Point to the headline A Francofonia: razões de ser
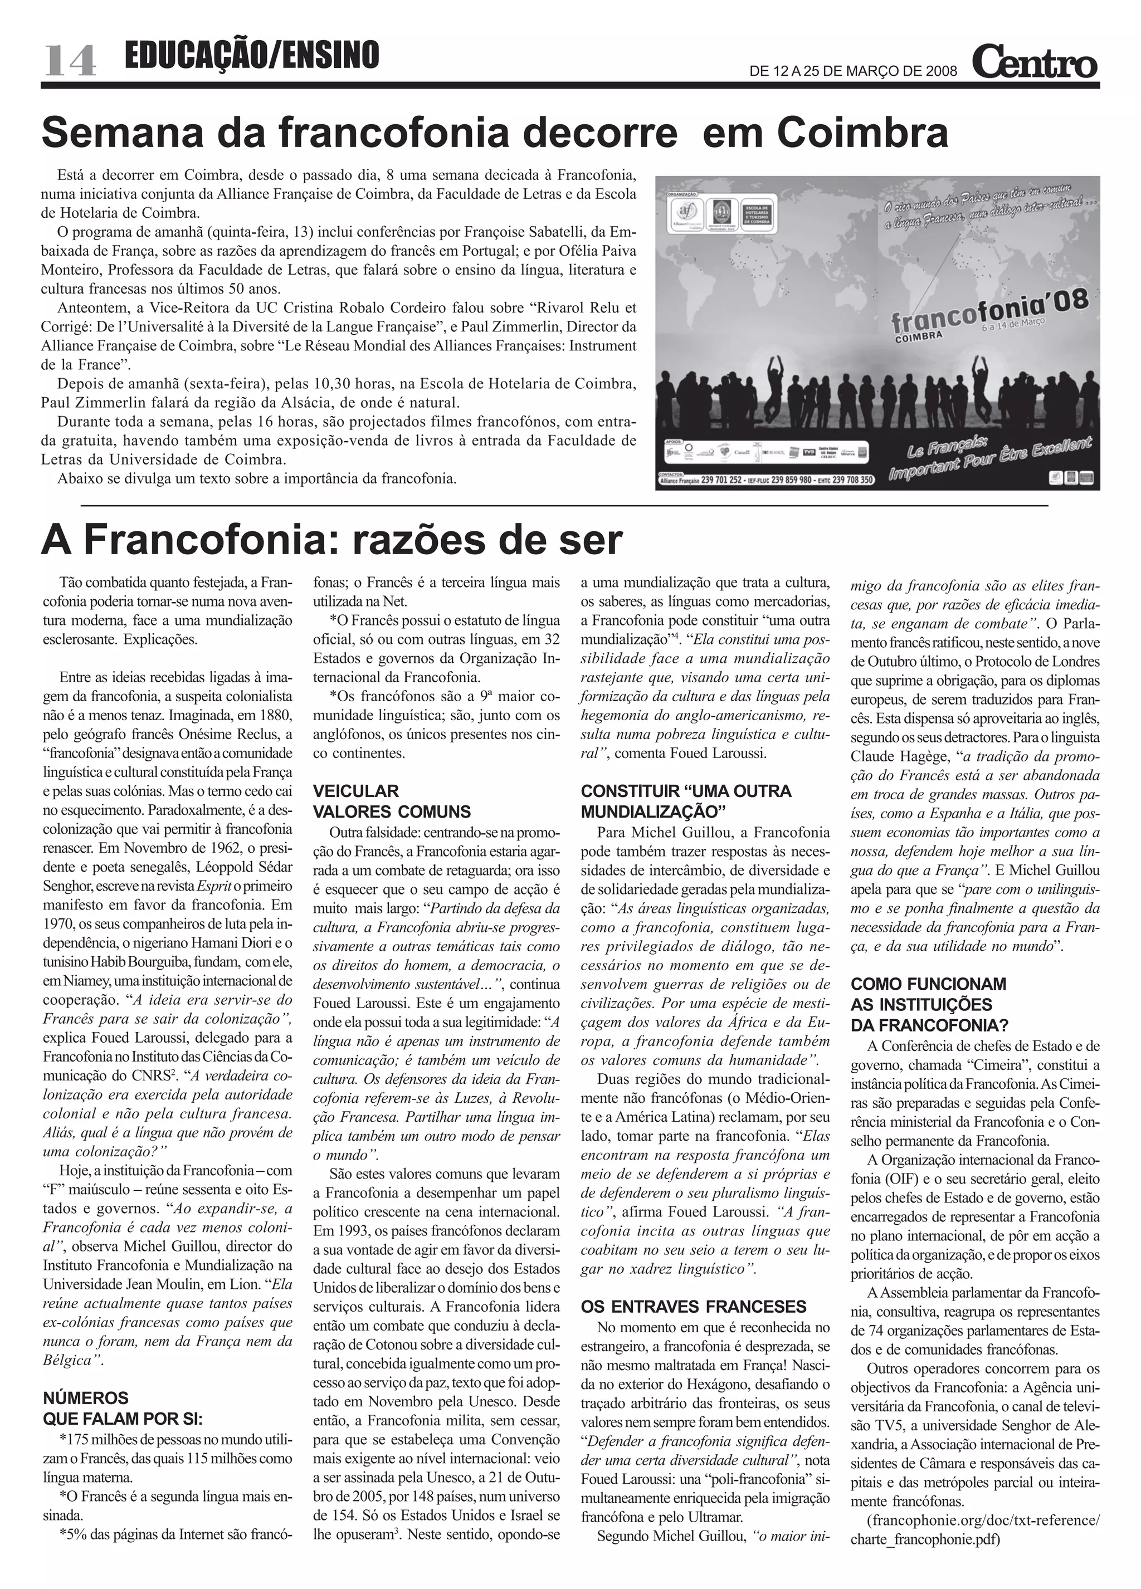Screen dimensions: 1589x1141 click(331, 540)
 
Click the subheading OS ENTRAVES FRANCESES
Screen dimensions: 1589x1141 click(693, 1307)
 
